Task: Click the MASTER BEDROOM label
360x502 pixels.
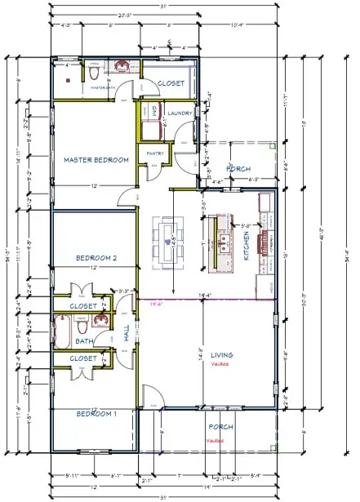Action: point(96,160)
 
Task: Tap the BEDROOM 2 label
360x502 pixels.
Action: point(98,258)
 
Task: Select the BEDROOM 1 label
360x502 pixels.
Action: point(97,414)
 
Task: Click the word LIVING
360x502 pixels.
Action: point(222,355)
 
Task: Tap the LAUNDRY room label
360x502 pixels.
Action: point(178,113)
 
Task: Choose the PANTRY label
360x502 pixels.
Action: point(156,153)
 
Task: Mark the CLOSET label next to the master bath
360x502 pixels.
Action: point(171,83)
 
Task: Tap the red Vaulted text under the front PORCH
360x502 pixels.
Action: point(215,440)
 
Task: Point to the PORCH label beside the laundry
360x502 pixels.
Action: point(238,169)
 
